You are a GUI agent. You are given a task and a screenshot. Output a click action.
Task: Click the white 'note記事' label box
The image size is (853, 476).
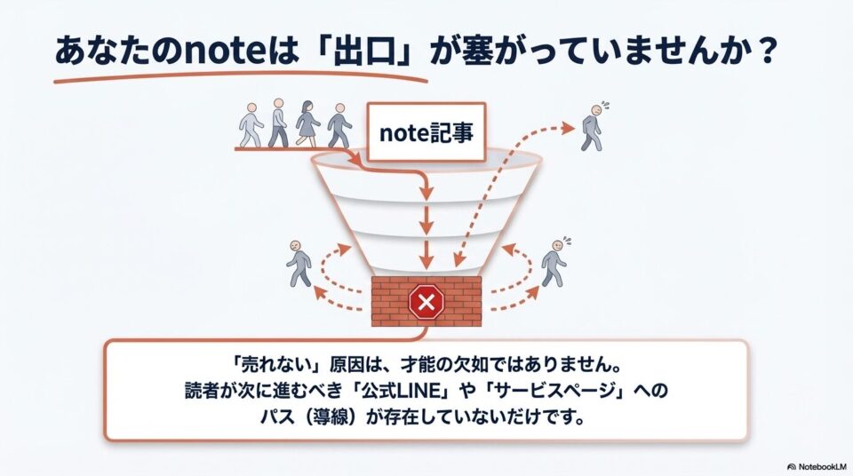click(x=426, y=132)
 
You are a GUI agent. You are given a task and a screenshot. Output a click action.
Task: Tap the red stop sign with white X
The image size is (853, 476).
click(x=426, y=301)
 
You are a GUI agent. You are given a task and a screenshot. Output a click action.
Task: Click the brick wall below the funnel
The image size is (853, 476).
click(x=426, y=301)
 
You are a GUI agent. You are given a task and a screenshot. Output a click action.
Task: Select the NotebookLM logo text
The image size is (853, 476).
click(x=817, y=466)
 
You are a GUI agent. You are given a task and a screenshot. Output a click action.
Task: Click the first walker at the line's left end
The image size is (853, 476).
click(x=251, y=125)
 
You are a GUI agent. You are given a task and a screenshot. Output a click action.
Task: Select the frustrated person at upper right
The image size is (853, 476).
click(x=594, y=126)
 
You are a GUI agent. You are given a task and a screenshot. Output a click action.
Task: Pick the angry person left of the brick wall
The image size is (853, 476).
click(x=299, y=263)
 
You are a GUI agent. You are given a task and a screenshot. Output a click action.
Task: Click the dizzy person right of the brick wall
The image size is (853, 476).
click(x=554, y=262)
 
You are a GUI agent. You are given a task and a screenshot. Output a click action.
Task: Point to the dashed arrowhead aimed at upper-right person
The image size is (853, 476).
click(x=568, y=129)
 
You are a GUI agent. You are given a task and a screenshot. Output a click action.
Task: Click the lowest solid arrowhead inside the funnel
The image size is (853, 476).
click(x=427, y=262)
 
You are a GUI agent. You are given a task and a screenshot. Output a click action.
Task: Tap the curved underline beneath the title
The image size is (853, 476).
click(x=240, y=76)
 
